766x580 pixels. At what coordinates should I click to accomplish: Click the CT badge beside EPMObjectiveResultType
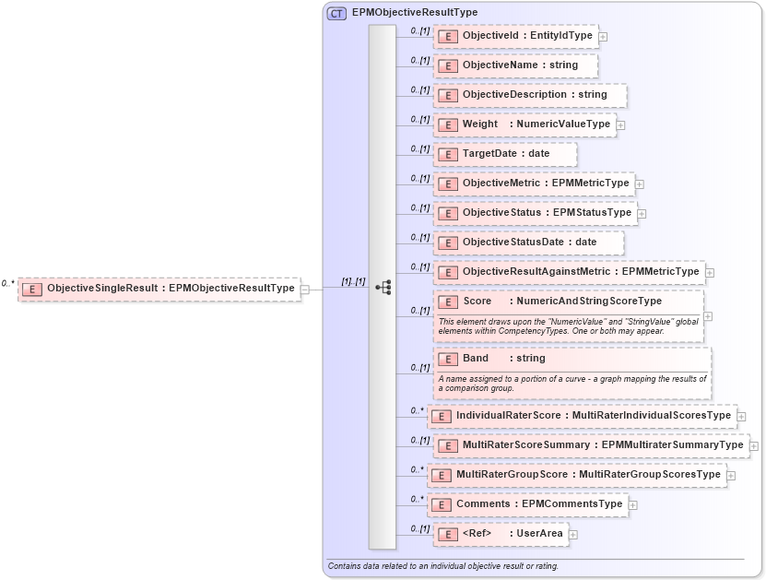(x=336, y=13)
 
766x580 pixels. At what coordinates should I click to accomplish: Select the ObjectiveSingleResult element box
(x=159, y=289)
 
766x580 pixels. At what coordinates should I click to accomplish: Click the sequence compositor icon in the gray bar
(x=383, y=289)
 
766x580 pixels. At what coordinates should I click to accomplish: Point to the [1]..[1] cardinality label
(x=353, y=281)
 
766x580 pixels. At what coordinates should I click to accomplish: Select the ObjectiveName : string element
(x=515, y=65)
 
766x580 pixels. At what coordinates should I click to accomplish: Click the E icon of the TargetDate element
(x=447, y=154)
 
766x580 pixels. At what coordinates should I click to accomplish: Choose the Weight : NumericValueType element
(x=524, y=124)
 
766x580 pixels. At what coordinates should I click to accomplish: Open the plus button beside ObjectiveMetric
(x=640, y=184)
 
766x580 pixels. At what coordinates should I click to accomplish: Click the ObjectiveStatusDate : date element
(x=528, y=243)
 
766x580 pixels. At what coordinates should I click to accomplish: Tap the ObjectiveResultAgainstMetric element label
(x=580, y=272)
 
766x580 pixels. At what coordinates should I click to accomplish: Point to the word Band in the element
(x=476, y=359)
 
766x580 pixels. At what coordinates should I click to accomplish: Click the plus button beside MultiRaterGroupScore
(x=731, y=476)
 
